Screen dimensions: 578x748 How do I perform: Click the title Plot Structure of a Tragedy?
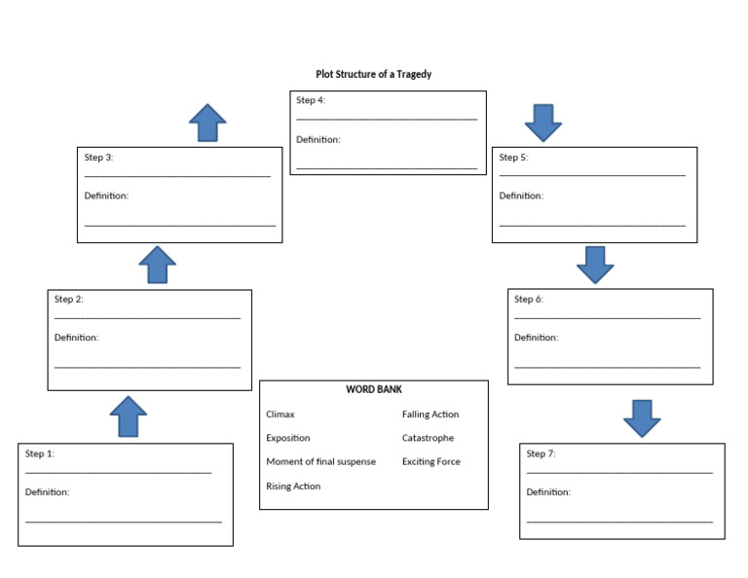pos(373,74)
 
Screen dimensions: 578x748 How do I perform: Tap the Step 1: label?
pos(40,453)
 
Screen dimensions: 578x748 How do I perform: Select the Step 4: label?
pos(311,100)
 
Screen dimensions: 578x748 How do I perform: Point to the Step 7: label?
pos(542,453)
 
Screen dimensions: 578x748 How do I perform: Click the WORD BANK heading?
pos(374,389)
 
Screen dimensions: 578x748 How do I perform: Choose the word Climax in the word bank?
pos(280,415)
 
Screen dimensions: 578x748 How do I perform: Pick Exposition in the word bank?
pos(288,438)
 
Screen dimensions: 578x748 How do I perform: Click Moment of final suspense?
pos(320,462)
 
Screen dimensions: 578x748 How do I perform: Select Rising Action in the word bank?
pos(293,487)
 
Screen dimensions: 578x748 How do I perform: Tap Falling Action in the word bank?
pos(430,415)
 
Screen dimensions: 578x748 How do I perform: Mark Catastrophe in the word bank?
pos(428,438)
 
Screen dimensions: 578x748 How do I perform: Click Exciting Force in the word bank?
pos(431,462)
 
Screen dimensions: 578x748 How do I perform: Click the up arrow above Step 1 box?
pos(128,415)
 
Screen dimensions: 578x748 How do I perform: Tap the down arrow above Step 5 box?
pos(543,123)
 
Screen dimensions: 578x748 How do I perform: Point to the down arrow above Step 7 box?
pos(642,417)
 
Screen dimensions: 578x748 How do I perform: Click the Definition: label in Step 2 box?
pos(77,338)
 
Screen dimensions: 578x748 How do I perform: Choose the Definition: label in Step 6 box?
pos(536,338)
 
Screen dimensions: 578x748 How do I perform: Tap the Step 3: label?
pos(99,157)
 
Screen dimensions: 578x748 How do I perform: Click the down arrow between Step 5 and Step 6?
pos(595,264)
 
